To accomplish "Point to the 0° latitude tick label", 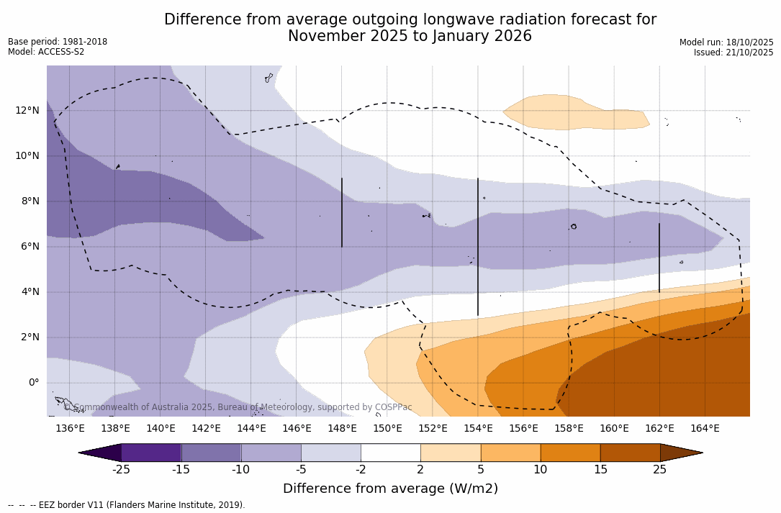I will click(x=33, y=383).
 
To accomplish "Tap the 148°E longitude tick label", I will click(x=342, y=429).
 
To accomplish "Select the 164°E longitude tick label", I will click(x=705, y=429).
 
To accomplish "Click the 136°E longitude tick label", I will click(x=70, y=429).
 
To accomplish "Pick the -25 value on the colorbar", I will click(x=121, y=470).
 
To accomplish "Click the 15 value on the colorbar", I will click(x=600, y=470).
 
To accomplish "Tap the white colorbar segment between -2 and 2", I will click(x=390, y=453).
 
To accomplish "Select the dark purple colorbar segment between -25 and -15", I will click(x=151, y=453).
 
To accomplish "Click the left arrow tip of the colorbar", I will click(x=81, y=453).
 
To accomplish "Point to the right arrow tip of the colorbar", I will click(x=700, y=453).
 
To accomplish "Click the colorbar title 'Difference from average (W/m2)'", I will click(x=390, y=489).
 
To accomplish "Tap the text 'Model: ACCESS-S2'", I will click(x=46, y=52).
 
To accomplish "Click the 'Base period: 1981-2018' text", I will click(x=58, y=42).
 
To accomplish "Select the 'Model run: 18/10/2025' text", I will click(x=726, y=42).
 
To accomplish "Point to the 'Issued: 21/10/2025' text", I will click(x=733, y=53).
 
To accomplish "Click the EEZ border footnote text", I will click(x=126, y=505).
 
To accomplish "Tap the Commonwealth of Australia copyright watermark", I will click(x=238, y=407).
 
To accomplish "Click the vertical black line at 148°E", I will click(x=342, y=212).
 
